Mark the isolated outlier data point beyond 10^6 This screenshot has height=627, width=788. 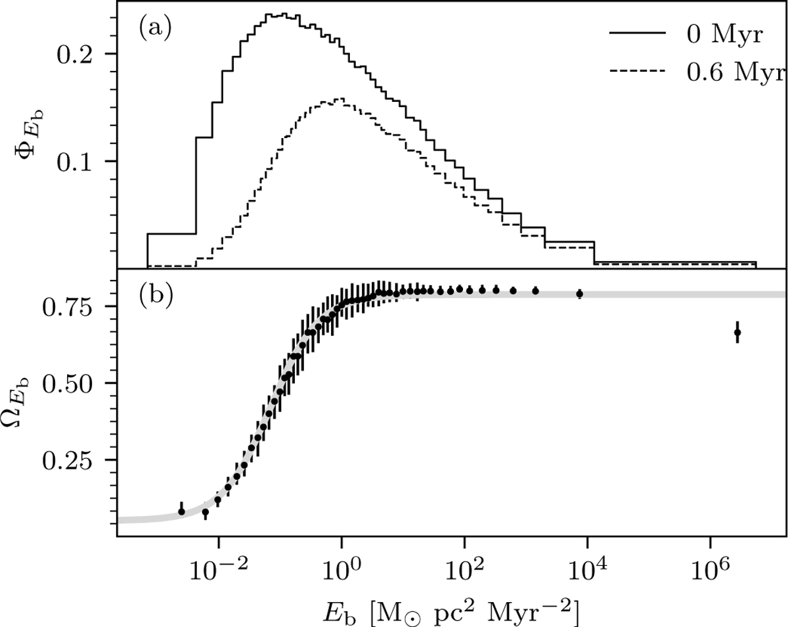click(x=737, y=333)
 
